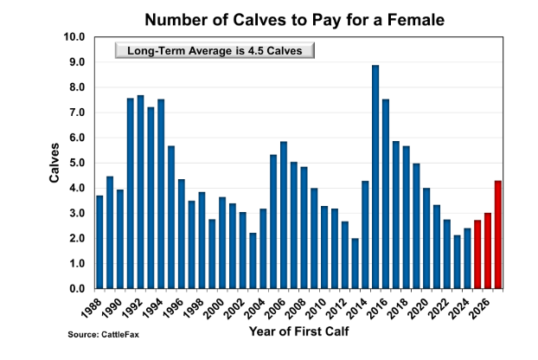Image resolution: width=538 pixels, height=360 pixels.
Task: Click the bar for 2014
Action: (x=365, y=234)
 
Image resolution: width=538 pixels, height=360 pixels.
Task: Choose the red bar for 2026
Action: (x=487, y=250)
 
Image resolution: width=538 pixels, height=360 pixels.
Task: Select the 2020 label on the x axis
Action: (x=423, y=307)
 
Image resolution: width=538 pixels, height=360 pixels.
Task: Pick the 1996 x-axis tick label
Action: (x=179, y=307)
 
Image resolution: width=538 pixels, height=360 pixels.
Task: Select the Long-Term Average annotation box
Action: (x=214, y=50)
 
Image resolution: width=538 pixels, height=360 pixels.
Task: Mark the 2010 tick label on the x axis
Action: (x=322, y=307)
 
